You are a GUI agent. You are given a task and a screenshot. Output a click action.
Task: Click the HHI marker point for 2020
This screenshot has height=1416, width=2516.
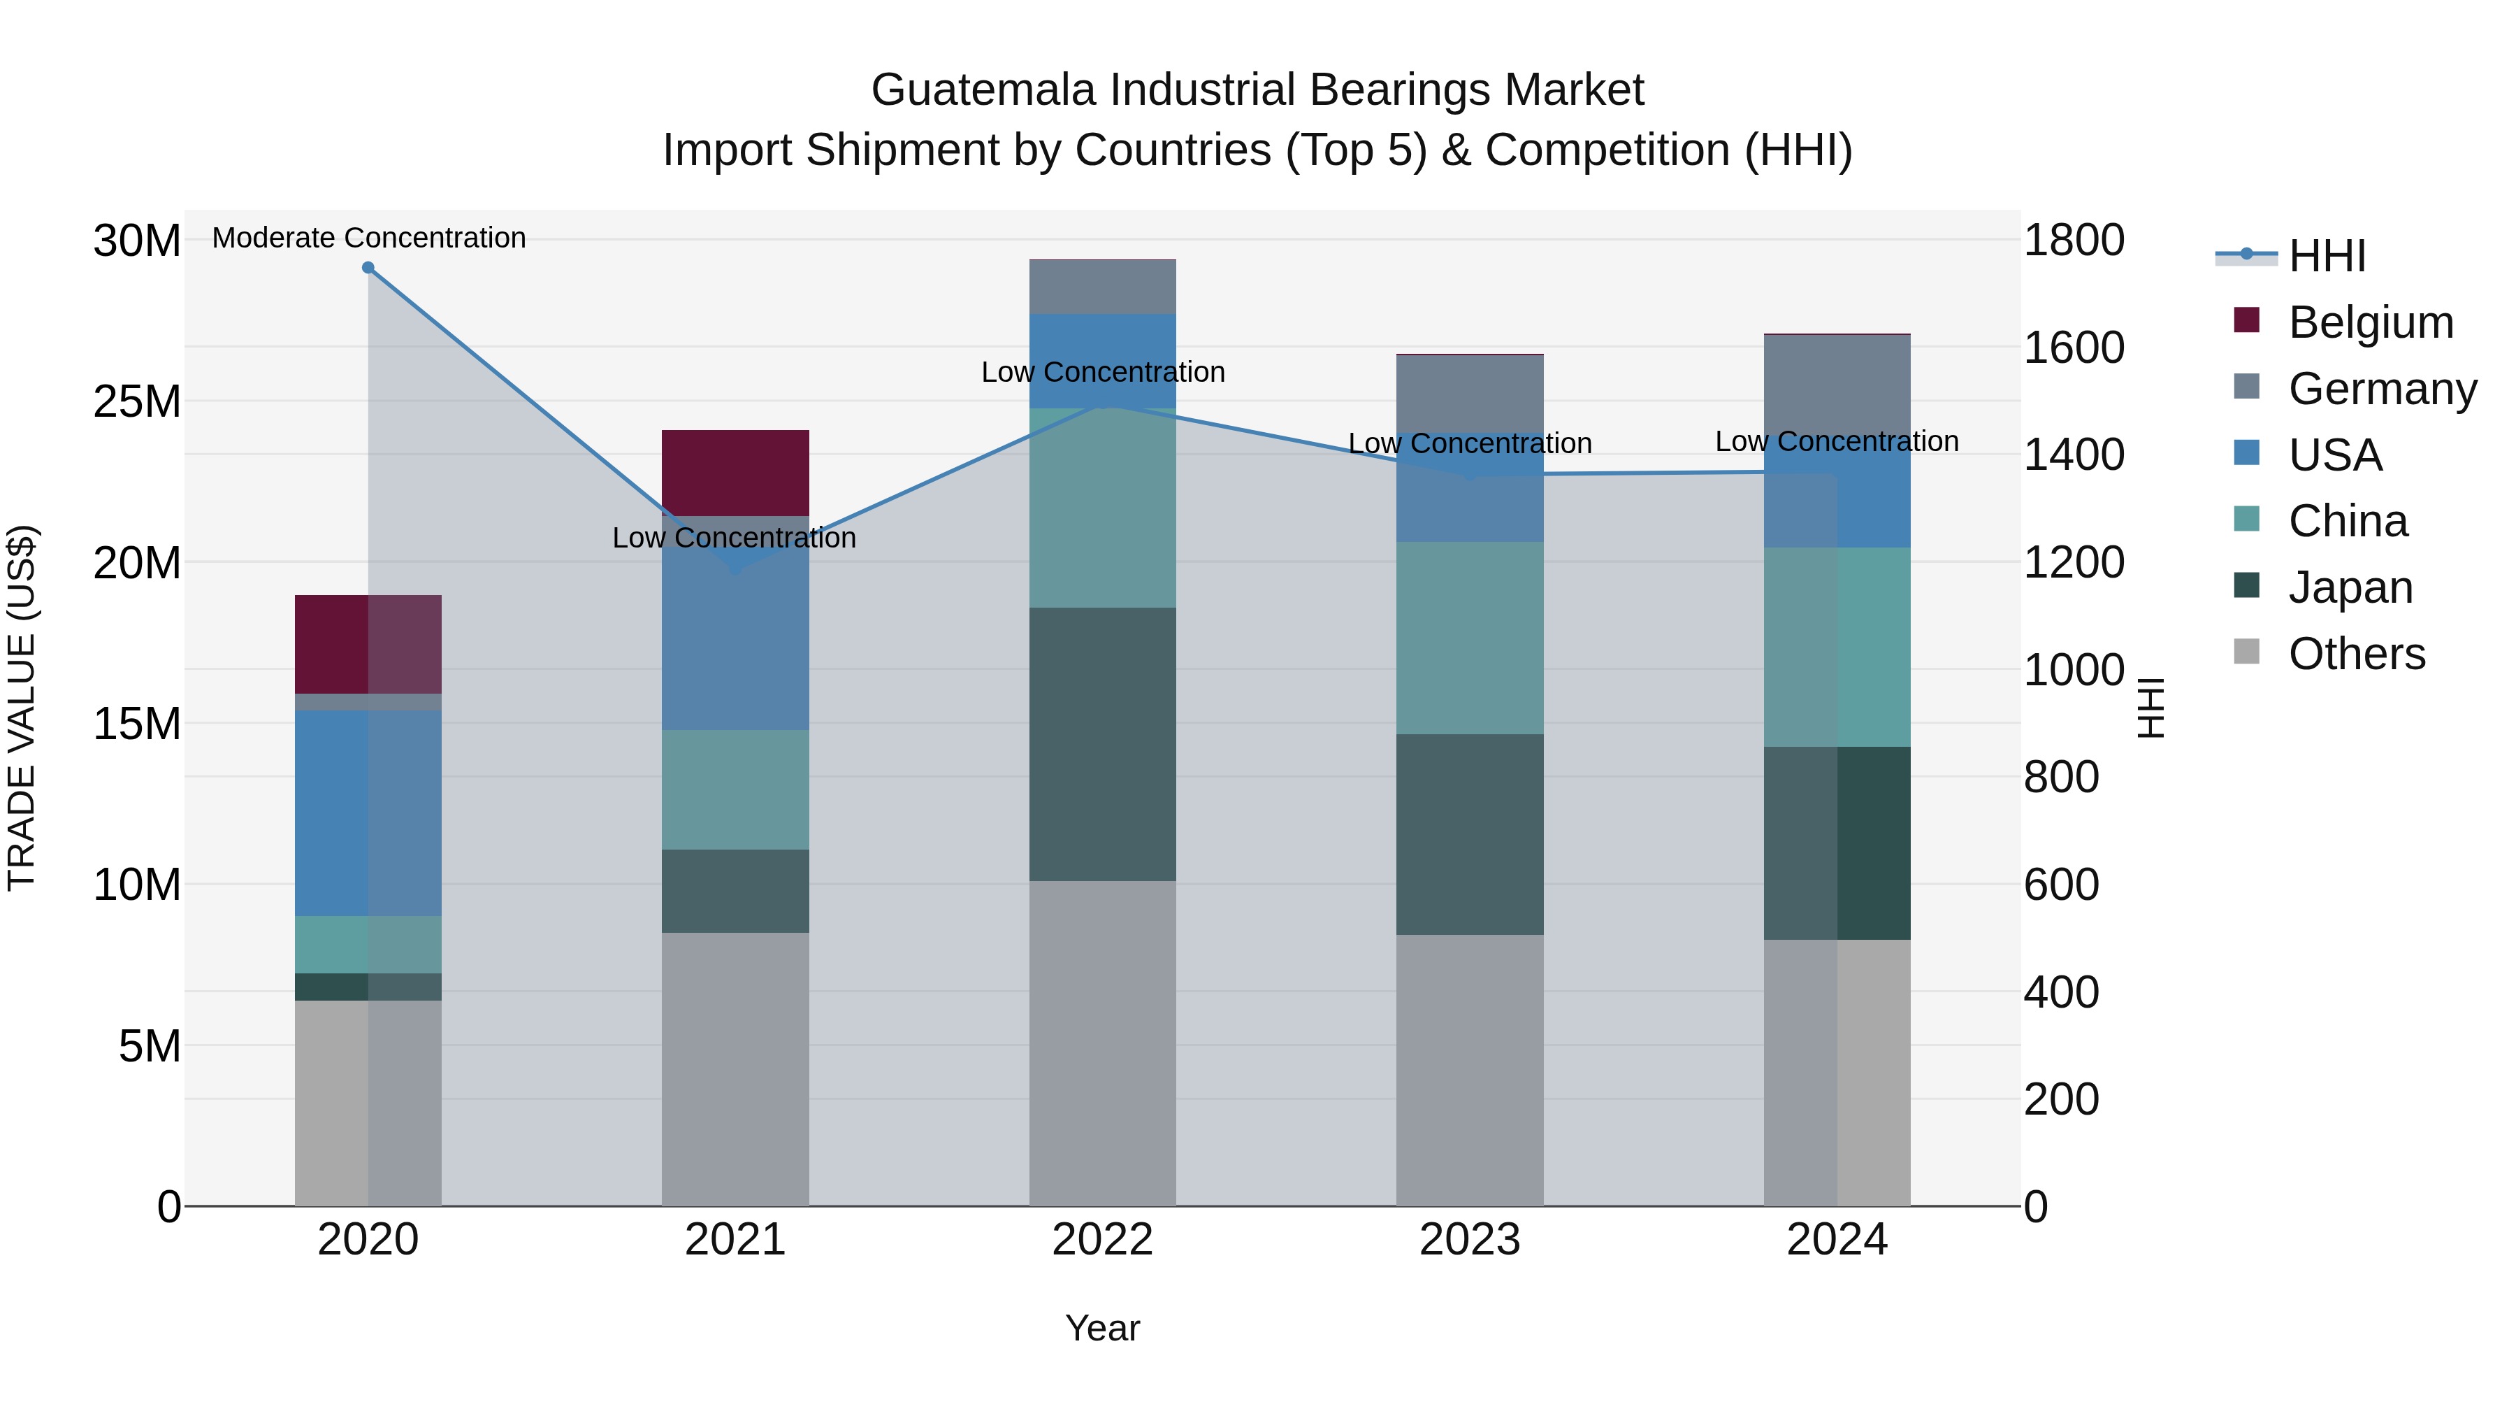[x=368, y=268]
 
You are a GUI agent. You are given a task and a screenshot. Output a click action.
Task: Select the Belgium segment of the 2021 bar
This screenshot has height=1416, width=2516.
[x=735, y=473]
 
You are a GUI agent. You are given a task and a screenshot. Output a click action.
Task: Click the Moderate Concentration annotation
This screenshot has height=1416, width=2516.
[x=368, y=238]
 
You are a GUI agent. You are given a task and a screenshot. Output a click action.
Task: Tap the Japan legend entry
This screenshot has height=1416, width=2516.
[x=2350, y=587]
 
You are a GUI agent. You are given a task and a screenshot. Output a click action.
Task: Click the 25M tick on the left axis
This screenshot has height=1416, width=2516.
[x=137, y=401]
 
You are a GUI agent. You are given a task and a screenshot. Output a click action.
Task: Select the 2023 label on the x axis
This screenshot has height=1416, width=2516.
[x=1469, y=1240]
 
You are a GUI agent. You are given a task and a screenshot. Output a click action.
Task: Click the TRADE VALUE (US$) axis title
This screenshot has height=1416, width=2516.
[x=22, y=708]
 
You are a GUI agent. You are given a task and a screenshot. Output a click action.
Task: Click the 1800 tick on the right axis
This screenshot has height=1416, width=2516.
[x=2073, y=241]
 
